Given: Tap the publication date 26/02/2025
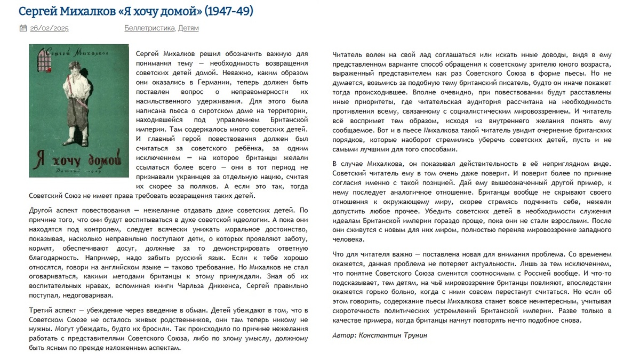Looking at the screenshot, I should tap(49, 28).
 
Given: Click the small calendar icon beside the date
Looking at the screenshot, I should tap(23, 28).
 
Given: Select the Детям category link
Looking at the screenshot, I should tap(189, 28).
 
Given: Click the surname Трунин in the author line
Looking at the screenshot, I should tap(414, 335).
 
